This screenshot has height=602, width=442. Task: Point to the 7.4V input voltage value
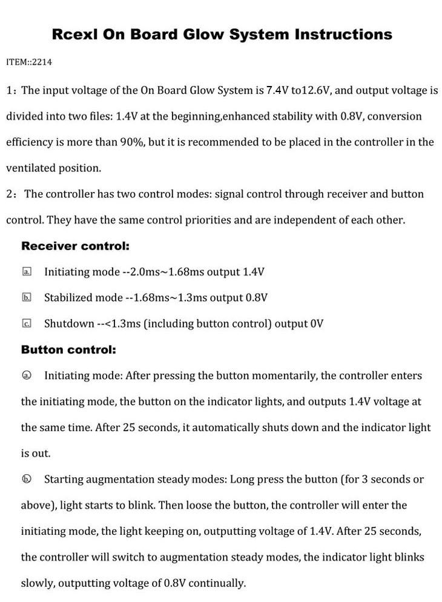[277, 91]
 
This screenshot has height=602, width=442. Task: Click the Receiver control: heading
[75, 246]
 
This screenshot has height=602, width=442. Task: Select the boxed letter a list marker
[27, 273]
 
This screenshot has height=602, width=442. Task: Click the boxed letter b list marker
[27, 298]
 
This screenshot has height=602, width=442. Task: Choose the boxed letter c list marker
[27, 324]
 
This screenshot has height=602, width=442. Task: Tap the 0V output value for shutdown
[317, 324]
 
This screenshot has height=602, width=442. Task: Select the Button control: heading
[68, 350]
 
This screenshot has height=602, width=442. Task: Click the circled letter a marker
[27, 376]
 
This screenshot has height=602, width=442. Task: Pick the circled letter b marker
[27, 480]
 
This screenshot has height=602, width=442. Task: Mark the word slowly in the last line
[38, 583]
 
